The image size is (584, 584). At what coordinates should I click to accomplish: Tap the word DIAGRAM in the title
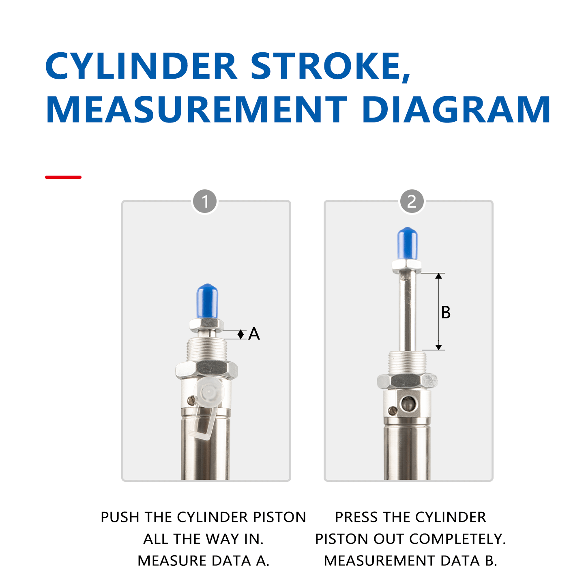point(456,109)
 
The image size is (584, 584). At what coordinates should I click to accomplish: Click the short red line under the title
point(63,177)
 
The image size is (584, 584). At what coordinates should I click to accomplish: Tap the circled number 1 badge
point(205,202)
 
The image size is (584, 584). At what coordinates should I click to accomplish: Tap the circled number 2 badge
point(412,202)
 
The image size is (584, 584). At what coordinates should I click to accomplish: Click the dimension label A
point(254,334)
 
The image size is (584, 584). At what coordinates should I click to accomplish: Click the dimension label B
point(446,313)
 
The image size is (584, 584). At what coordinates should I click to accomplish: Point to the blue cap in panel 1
point(207,301)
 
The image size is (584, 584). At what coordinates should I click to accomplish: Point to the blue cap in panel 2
point(407,243)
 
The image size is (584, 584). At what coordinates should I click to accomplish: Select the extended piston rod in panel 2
point(407,312)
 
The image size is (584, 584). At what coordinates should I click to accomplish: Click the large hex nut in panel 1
point(206,369)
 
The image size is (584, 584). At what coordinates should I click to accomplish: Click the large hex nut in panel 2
point(407,381)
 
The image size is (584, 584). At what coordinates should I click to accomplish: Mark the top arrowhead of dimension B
point(438,276)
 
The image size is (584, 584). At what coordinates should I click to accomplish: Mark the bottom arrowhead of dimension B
point(438,347)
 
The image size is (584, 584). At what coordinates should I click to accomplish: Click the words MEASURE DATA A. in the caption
point(204,560)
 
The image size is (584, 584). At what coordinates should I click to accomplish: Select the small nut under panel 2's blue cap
point(406,266)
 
